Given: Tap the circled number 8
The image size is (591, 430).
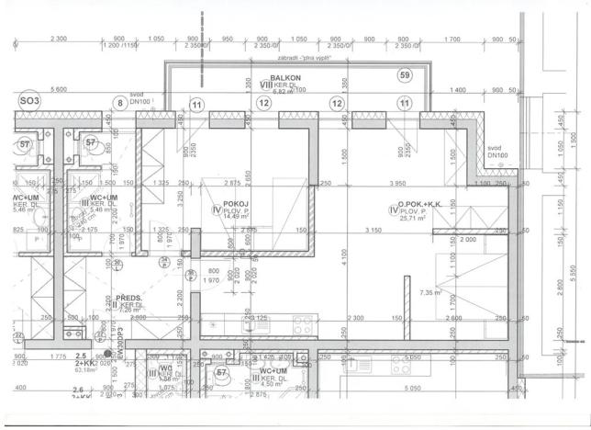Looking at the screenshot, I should (118, 104).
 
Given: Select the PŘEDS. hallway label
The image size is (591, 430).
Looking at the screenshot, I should (128, 298).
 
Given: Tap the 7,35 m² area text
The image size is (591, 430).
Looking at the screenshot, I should (430, 292).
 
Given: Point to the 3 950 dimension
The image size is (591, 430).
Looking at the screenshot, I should (396, 184).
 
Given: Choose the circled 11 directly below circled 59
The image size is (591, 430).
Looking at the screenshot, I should (405, 104).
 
